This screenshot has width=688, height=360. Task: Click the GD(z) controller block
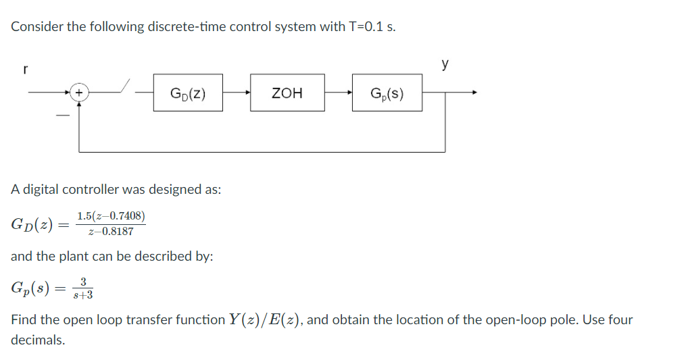pyautogui.click(x=188, y=93)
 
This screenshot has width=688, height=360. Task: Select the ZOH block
pyautogui.click(x=287, y=93)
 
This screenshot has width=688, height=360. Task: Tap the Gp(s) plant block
pyautogui.click(x=387, y=93)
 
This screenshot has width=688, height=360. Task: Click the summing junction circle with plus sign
pyautogui.click(x=79, y=93)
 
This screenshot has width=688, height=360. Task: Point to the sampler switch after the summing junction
pyautogui.click(x=124, y=88)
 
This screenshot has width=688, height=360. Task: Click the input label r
pyautogui.click(x=25, y=69)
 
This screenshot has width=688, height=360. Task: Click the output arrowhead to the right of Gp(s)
pyautogui.click(x=474, y=93)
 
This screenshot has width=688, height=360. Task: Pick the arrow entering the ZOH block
pyautogui.click(x=246, y=93)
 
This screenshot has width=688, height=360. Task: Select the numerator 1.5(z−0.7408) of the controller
pyautogui.click(x=110, y=216)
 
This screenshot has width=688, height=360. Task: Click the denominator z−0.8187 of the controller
pyautogui.click(x=110, y=231)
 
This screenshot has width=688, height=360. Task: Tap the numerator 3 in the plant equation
pyautogui.click(x=82, y=282)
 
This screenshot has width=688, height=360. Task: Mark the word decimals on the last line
pyautogui.click(x=38, y=340)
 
